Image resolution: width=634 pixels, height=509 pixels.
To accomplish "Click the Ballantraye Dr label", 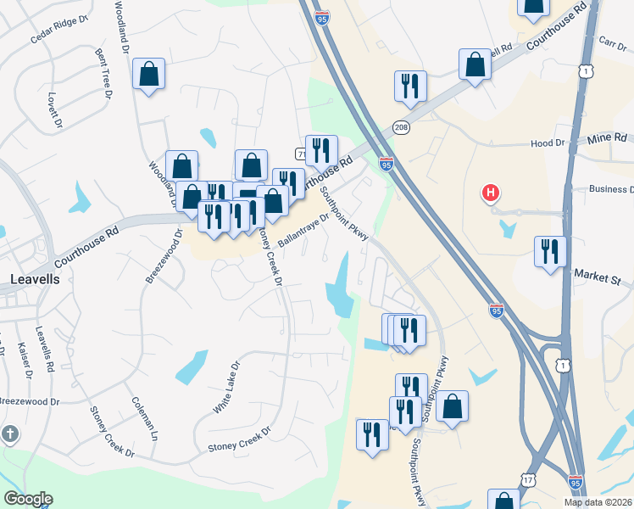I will pos(303,230).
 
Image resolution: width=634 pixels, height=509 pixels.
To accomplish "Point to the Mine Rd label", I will pos(609,137).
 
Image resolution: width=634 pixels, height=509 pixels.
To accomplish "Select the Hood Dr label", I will pos(548,143).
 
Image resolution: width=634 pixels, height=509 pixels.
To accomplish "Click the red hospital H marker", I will pos(490,193).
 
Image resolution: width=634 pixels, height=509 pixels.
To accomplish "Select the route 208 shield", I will pos(402,127).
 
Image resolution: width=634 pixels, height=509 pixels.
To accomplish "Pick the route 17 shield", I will pos(528,480).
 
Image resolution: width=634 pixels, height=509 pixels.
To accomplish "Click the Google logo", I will pos(28,499).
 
